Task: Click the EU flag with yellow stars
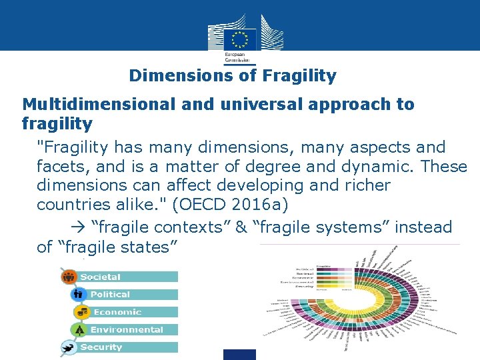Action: click(x=240, y=39)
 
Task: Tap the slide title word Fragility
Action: click(x=299, y=76)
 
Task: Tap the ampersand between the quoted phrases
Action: click(x=241, y=227)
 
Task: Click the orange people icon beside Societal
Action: click(x=69, y=277)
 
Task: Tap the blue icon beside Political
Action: click(x=78, y=294)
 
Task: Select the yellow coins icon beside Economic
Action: click(x=83, y=311)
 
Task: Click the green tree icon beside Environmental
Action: click(x=79, y=329)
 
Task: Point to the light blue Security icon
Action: click(x=68, y=347)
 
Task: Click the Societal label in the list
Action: click(x=101, y=277)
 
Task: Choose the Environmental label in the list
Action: click(x=127, y=329)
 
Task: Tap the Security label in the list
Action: click(x=101, y=347)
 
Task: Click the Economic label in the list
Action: click(x=117, y=312)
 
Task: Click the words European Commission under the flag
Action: click(x=235, y=56)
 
